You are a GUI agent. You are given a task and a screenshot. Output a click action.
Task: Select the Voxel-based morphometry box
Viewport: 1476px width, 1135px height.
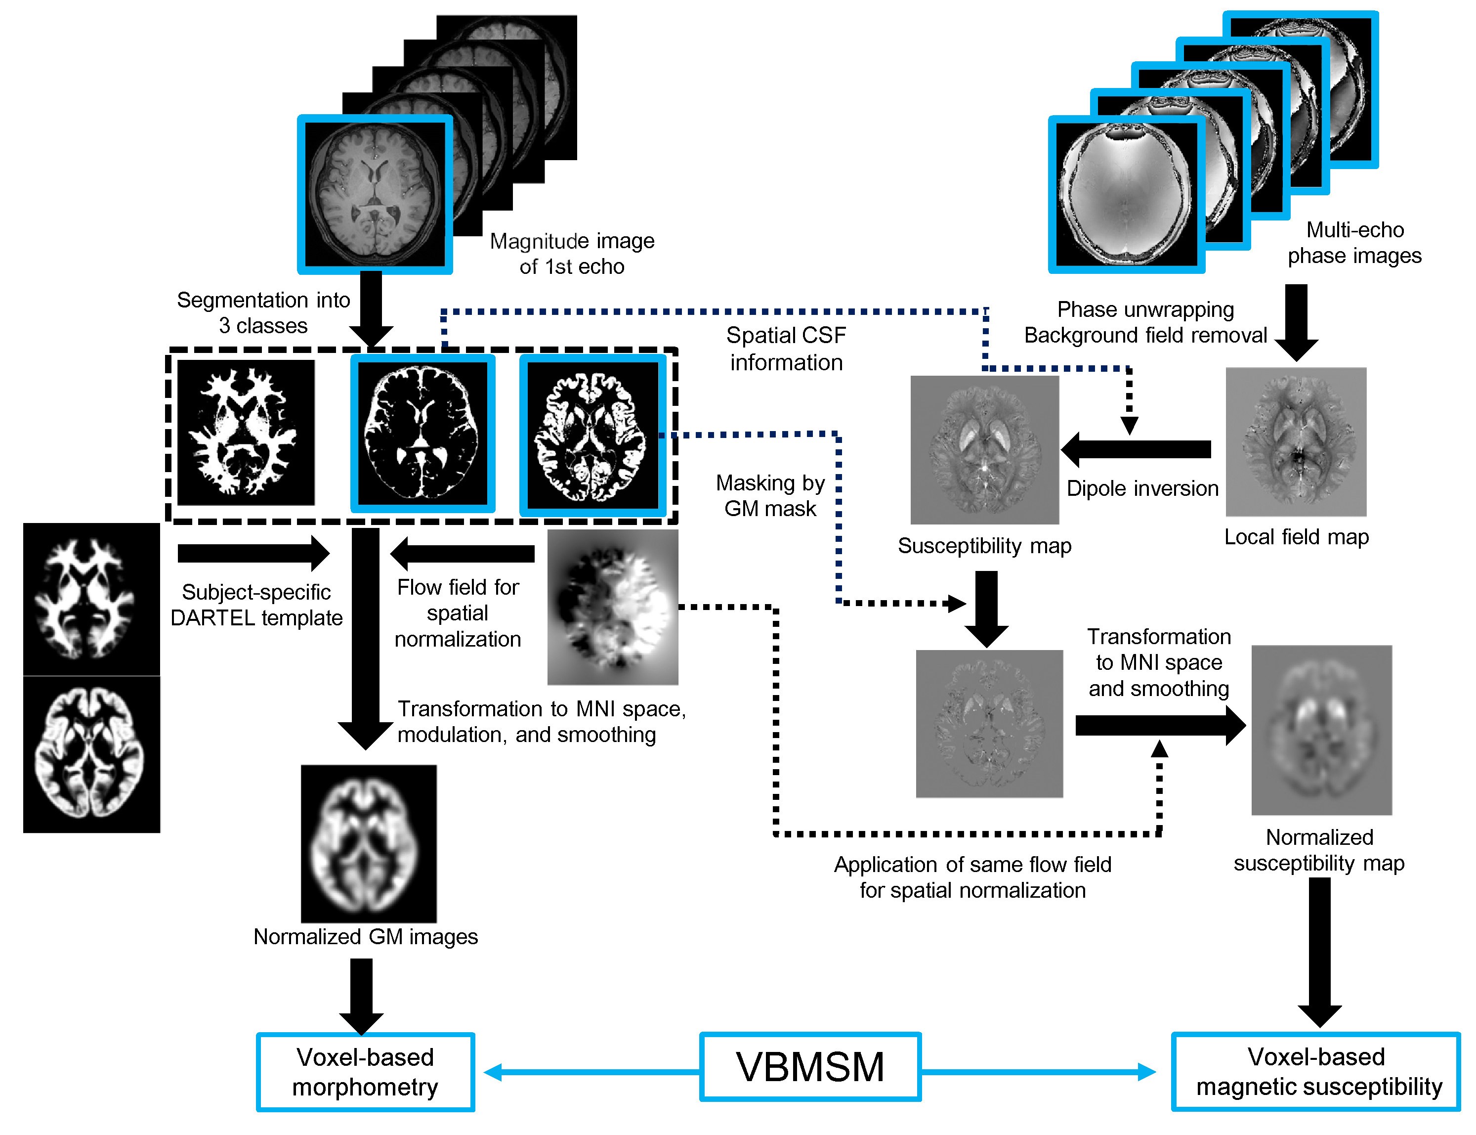[x=365, y=1072]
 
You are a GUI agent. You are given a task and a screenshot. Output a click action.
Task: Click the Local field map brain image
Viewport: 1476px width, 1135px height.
[x=1296, y=442]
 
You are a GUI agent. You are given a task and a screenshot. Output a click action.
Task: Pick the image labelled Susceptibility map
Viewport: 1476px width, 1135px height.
[x=984, y=450]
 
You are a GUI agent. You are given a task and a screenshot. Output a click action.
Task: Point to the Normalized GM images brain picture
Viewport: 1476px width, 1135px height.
[x=369, y=843]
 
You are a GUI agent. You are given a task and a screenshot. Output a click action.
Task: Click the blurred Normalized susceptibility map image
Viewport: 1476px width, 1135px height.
[x=1321, y=730]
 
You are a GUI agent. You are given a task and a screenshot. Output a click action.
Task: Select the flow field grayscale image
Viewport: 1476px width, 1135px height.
[x=612, y=607]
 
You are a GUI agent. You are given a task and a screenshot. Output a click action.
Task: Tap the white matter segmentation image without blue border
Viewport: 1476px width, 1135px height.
[x=246, y=433]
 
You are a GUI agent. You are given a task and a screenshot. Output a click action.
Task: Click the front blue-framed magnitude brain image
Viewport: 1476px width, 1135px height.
[x=375, y=195]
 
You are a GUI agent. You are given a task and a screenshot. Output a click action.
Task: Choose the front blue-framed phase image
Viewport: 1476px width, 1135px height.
[x=1126, y=195]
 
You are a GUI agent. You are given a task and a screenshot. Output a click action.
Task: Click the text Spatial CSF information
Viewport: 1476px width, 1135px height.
[x=786, y=349]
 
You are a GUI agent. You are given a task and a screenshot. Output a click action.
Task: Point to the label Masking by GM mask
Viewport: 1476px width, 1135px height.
[x=770, y=495]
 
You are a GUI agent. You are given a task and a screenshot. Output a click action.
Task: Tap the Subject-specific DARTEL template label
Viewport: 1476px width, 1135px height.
[x=256, y=605]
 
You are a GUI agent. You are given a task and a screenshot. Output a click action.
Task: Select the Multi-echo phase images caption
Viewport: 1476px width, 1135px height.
[x=1354, y=243]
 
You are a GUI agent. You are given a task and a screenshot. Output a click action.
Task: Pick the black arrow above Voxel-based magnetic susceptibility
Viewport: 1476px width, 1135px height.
[x=1319, y=951]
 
